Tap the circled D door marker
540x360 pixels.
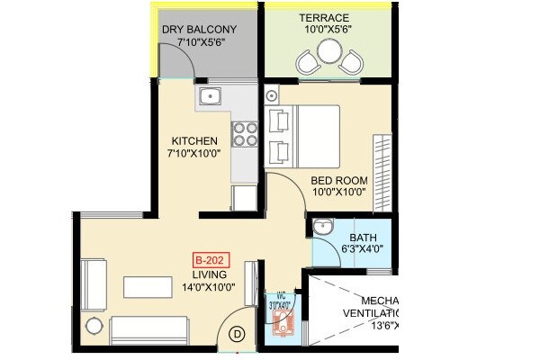[x=238, y=333]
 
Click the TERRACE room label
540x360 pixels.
[x=325, y=17]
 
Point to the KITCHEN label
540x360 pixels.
[x=194, y=141]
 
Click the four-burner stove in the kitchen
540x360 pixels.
[x=246, y=133]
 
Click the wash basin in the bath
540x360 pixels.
[x=322, y=228]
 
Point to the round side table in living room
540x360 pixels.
[x=92, y=326]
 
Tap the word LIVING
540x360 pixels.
[x=208, y=274]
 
